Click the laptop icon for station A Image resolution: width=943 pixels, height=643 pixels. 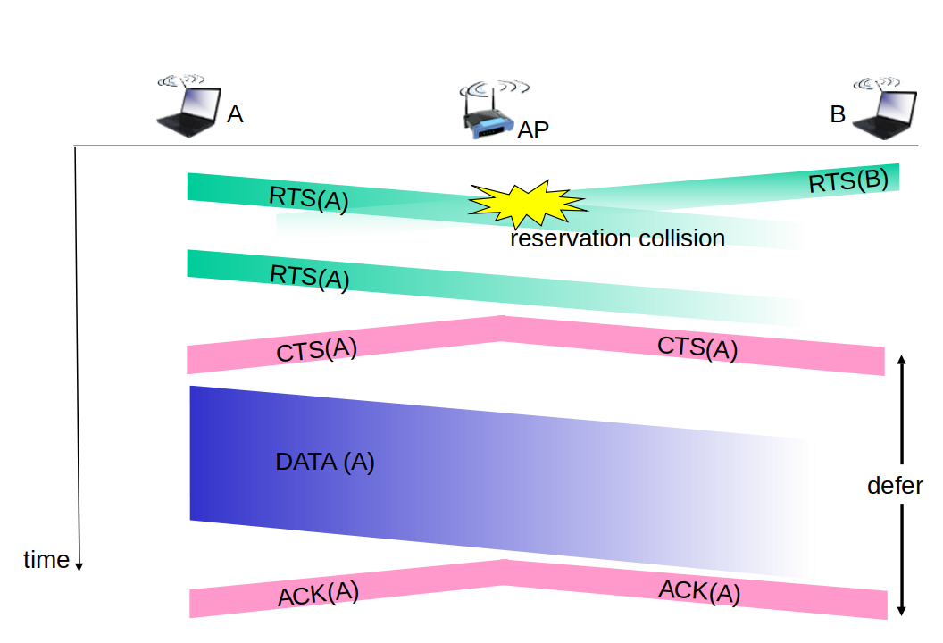pos(188,106)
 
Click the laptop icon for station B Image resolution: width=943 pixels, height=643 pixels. pos(884,109)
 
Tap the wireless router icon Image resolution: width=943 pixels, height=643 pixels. pos(490,112)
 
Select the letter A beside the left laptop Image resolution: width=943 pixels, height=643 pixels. pos(235,114)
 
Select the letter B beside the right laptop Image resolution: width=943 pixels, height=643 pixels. pos(838,114)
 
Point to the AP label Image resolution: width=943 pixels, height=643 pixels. pos(533,129)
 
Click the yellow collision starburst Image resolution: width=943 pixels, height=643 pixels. pos(528,204)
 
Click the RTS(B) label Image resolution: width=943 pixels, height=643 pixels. pos(848,181)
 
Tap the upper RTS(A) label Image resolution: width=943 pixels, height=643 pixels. pos(308,198)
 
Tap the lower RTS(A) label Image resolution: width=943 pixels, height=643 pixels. pos(310,277)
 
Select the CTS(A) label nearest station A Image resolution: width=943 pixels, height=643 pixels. pos(316,350)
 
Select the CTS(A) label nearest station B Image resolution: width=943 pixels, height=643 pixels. pos(697,347)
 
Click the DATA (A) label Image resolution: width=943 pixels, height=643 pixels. pos(325,462)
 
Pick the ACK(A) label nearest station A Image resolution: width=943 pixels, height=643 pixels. pos(318,594)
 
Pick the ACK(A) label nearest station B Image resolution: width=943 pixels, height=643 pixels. pos(699,592)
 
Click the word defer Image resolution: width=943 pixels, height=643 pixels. pos(895,486)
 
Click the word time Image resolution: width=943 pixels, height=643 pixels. pos(46,560)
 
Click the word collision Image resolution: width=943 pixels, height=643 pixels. pos(682,238)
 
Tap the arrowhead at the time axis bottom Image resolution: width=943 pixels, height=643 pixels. pos(79,566)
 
